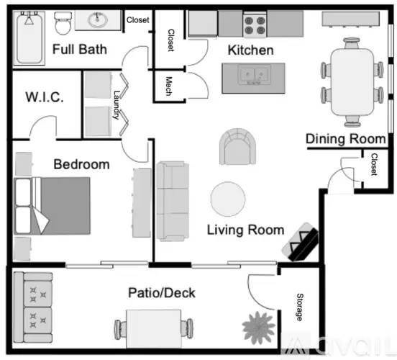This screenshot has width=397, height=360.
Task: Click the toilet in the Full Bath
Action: [63, 23]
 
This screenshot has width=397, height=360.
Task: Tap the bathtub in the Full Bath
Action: [29, 37]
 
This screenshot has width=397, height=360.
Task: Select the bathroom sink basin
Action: [98, 19]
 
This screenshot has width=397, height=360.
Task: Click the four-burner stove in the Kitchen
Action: [255, 25]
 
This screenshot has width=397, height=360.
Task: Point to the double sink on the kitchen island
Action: [254, 75]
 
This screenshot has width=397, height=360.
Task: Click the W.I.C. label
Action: [45, 97]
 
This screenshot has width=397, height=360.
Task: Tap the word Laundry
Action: [117, 105]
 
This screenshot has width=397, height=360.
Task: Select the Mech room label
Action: [169, 86]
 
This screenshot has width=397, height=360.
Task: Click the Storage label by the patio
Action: [300, 307]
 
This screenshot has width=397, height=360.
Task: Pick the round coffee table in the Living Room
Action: [228, 199]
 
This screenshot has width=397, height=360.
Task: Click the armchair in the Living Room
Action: [237, 147]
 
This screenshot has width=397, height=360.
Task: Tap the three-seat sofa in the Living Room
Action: [173, 201]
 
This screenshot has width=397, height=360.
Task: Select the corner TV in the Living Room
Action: [301, 242]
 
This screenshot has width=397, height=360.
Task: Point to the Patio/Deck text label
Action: [162, 293]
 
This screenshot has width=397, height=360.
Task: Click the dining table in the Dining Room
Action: [352, 82]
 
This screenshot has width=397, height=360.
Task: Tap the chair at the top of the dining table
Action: [352, 42]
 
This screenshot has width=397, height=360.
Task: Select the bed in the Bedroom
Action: [53, 206]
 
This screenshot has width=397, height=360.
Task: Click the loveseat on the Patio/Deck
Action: [33, 307]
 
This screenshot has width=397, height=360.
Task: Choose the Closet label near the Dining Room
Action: [374, 164]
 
